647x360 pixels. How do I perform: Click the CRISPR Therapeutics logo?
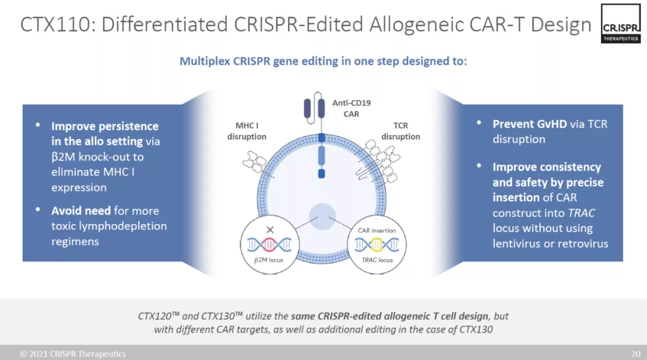(x=621, y=23)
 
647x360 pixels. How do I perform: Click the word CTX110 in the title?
(x=55, y=25)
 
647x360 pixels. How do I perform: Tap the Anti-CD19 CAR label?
(x=352, y=108)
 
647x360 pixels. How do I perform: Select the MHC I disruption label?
(x=247, y=131)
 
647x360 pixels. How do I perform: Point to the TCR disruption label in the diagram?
(x=401, y=131)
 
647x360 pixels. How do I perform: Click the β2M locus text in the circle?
(x=268, y=260)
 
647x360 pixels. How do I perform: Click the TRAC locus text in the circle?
(x=377, y=260)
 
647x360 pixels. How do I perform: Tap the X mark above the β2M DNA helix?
(x=270, y=229)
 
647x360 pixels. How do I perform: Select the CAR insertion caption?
(x=377, y=231)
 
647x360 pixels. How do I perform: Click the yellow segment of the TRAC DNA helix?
(x=377, y=245)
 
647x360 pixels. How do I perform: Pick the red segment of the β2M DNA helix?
(x=269, y=245)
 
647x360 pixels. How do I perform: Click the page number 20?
(x=636, y=354)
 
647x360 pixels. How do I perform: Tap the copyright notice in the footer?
(x=73, y=354)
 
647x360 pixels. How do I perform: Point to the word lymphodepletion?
(x=123, y=226)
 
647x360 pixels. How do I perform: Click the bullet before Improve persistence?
(x=38, y=125)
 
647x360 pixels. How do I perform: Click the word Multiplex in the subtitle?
(x=205, y=62)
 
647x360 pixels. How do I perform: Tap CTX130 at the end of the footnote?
(x=476, y=329)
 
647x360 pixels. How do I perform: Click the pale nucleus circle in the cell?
(x=322, y=216)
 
